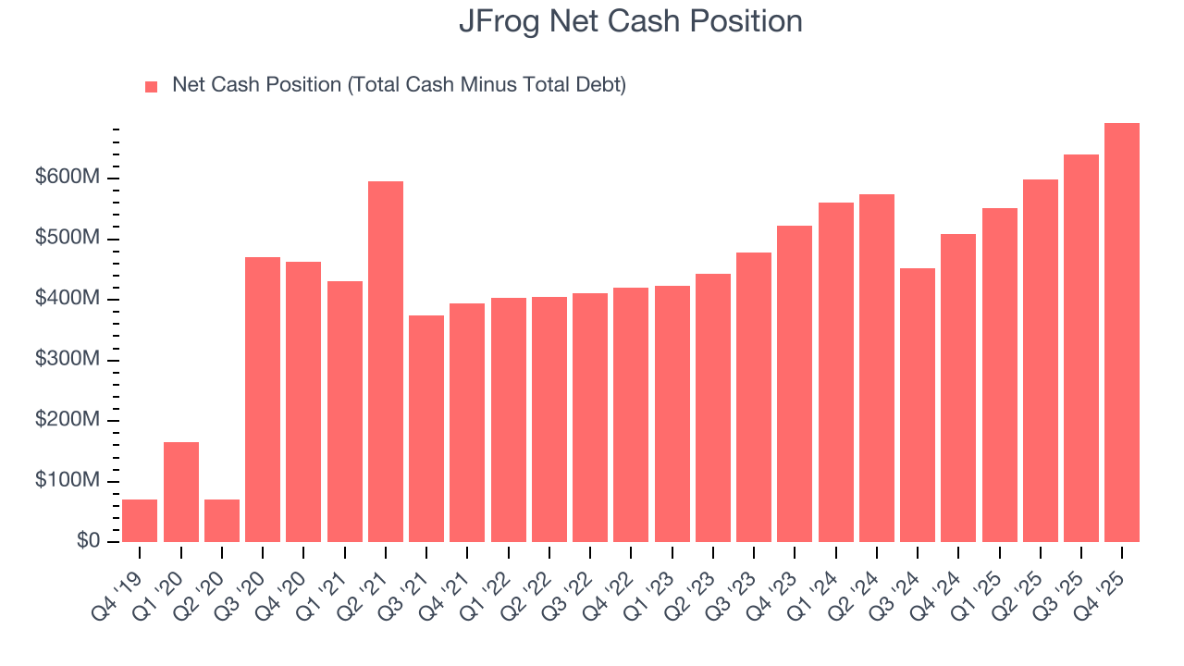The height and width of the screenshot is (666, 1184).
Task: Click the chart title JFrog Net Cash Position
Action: (x=631, y=21)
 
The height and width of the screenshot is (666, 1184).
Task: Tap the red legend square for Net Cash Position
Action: (x=152, y=86)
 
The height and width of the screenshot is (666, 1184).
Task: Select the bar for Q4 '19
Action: (x=140, y=521)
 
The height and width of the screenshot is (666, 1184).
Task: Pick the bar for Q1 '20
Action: (x=181, y=492)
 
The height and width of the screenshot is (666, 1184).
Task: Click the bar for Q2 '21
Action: (x=386, y=362)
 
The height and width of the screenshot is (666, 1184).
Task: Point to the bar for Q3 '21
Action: (x=426, y=428)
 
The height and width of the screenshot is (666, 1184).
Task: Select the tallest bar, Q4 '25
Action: (x=1122, y=333)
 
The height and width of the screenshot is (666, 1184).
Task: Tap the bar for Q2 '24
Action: (x=877, y=368)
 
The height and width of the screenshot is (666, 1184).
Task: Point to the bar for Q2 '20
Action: (x=222, y=521)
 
